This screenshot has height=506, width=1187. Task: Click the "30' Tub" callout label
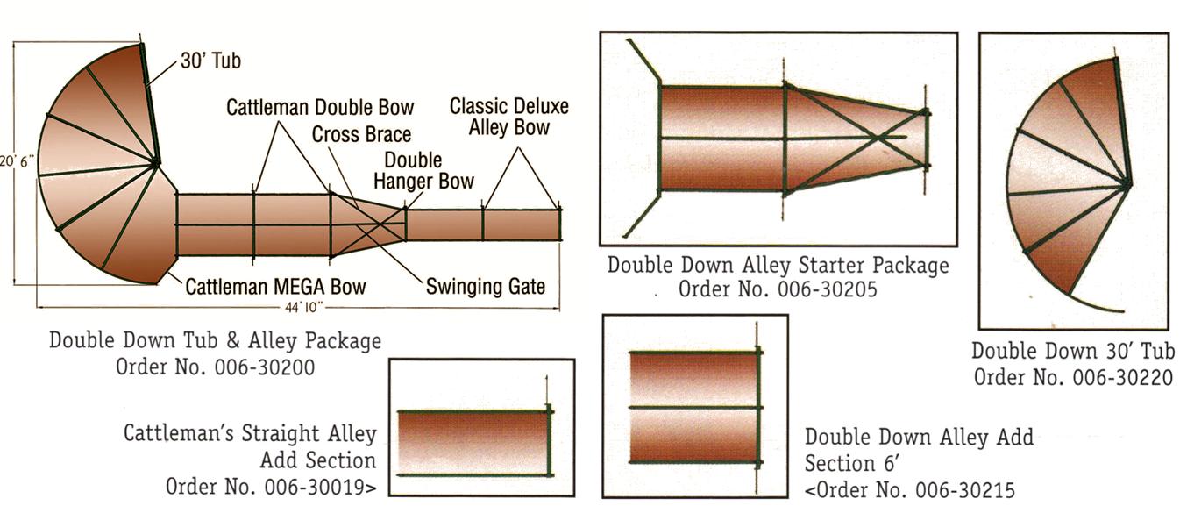click(210, 61)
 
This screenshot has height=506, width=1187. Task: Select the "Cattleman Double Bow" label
click(320, 107)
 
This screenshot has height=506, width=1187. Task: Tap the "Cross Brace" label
click(361, 134)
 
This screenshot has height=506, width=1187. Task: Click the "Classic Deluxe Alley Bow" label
click(508, 117)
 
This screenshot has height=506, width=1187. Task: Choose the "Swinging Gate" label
click(485, 286)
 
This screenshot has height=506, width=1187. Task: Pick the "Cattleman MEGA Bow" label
click(275, 287)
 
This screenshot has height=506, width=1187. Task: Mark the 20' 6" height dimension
click(18, 161)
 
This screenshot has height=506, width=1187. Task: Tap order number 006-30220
click(1074, 377)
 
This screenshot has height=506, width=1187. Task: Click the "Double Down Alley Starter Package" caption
click(778, 265)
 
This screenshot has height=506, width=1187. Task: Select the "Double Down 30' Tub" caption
click(1073, 352)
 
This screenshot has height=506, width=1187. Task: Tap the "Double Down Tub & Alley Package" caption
click(215, 340)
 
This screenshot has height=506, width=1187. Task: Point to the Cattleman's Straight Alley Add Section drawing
click(473, 442)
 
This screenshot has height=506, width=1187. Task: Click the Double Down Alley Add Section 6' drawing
click(694, 407)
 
